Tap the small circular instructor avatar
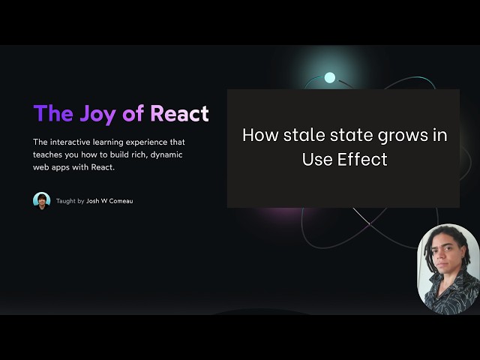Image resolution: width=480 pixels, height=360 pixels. coord(41,200)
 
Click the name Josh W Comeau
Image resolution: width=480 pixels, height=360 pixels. coord(109,201)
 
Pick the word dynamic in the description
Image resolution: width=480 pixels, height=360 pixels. coord(166,154)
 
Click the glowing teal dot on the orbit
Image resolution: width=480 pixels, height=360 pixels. coord(329,77)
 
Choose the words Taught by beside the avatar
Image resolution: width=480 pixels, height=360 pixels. coord(70,201)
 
